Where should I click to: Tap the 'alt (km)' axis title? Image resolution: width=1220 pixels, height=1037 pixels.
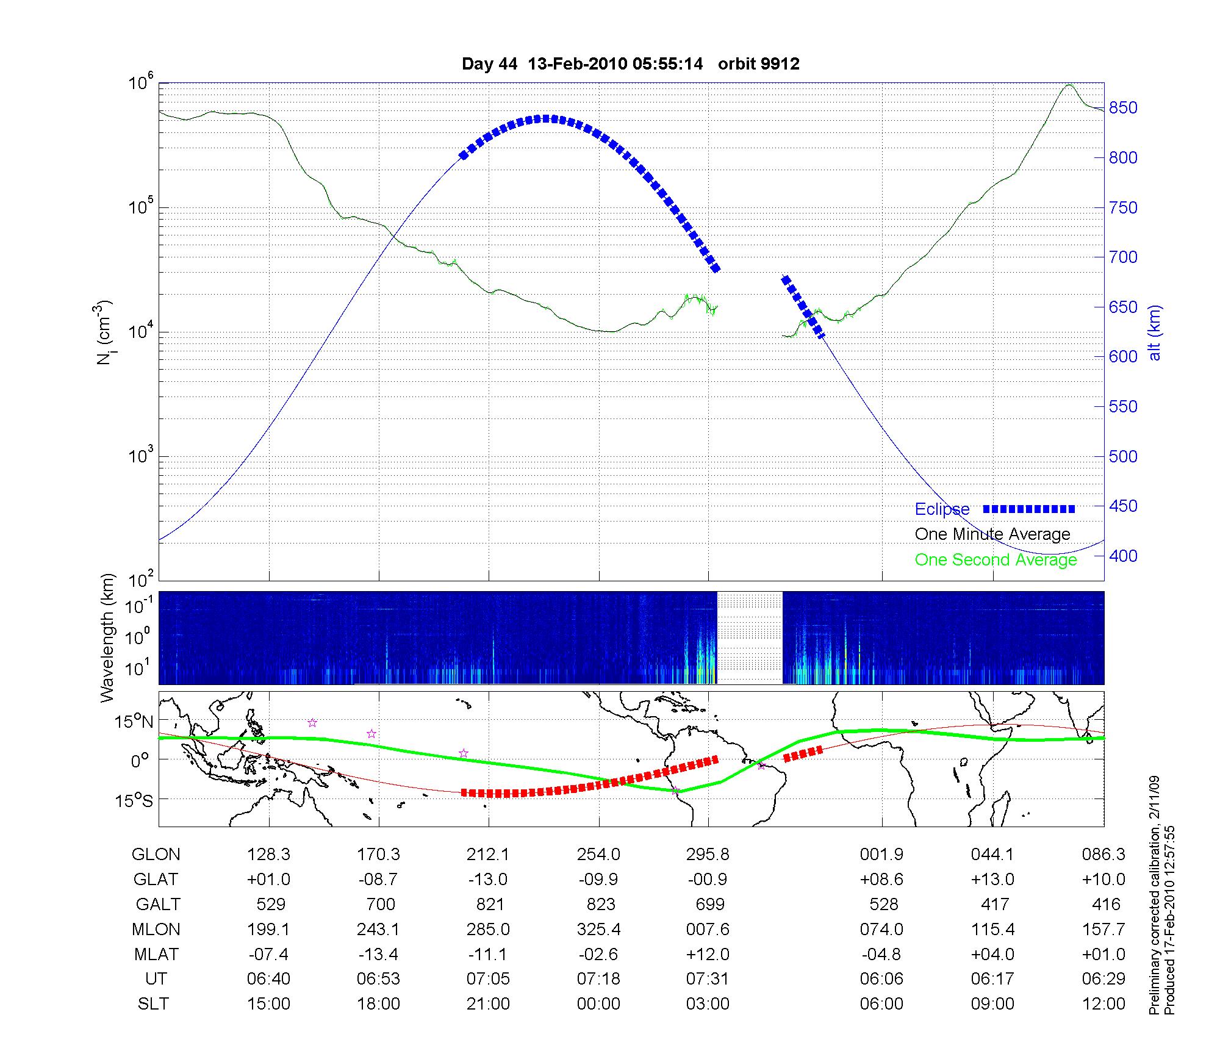pos(1154,332)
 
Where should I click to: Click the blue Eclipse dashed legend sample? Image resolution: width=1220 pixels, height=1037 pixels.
pos(1029,509)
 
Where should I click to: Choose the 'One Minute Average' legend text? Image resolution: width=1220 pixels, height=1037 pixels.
pos(992,534)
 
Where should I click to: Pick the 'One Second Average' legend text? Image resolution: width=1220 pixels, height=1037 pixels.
pos(996,560)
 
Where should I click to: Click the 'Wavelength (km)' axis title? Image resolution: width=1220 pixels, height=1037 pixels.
pos(108,637)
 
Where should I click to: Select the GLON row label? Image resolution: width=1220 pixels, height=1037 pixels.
pos(156,855)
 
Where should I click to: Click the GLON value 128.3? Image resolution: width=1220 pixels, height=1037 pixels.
pos(269,855)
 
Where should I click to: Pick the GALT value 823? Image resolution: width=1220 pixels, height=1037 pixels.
pos(600,904)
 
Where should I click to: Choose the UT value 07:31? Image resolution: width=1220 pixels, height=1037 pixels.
pos(708,979)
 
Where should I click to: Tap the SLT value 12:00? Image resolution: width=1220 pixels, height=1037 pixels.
pos(1103,1004)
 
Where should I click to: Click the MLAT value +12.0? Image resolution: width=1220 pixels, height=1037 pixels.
pos(708,954)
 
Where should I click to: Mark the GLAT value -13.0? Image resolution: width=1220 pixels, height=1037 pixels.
pos(488,880)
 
